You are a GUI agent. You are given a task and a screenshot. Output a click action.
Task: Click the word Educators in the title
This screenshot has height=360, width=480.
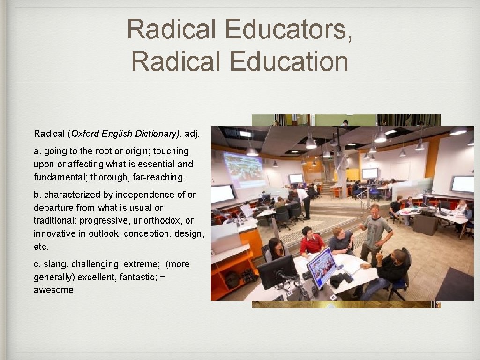click(288, 29)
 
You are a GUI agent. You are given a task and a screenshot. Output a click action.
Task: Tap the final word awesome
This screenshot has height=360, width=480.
click(53, 290)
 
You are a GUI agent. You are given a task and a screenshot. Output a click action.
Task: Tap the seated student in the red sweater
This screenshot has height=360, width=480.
click(311, 241)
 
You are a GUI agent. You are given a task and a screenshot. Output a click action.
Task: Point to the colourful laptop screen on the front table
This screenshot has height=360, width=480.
click(322, 267)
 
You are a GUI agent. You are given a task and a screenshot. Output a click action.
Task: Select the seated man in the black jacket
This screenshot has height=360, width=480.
click(389, 272)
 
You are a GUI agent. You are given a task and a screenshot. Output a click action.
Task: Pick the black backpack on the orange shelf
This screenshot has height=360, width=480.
click(232, 279)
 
